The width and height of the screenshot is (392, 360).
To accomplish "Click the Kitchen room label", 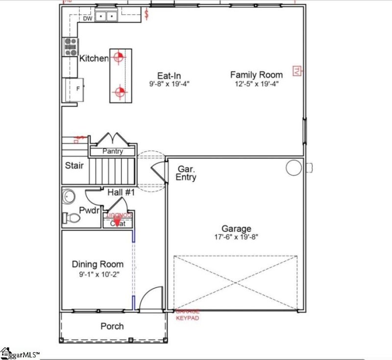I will click(x=94, y=58).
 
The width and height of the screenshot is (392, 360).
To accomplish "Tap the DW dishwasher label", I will click(x=87, y=19).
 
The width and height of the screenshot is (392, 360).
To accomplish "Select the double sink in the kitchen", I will click(x=106, y=17).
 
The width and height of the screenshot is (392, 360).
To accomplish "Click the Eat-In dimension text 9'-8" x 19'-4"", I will click(x=169, y=84).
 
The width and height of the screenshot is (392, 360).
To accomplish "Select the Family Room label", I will click(x=256, y=75).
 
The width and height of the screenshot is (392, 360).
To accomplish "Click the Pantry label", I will click(x=112, y=152).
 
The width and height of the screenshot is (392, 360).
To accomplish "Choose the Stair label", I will click(x=74, y=165).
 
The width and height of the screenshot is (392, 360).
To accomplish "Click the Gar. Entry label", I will click(x=186, y=173).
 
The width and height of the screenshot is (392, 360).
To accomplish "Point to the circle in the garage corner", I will click(x=294, y=168).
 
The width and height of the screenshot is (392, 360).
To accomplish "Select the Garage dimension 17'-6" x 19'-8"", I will click(x=236, y=237).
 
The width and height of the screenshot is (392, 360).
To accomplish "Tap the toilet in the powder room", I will click(x=69, y=217).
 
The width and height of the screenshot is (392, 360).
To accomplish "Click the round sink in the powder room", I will click(x=69, y=197).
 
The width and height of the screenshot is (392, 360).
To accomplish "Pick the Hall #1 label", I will click(x=121, y=193).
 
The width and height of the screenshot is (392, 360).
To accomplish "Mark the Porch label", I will click(x=112, y=326).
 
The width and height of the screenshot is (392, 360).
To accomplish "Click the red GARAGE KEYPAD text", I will click(x=187, y=314).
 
